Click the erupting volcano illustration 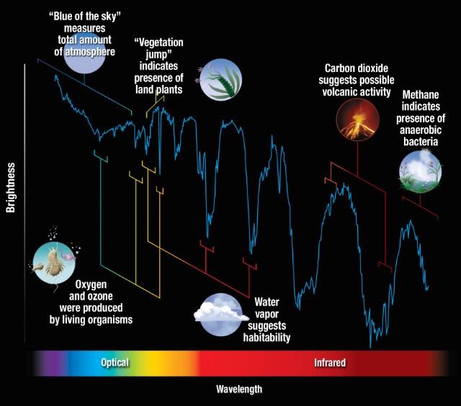(357, 119)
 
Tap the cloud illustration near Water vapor (220, 315)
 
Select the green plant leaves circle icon (220, 80)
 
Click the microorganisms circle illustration (54, 263)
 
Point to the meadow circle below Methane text (421, 172)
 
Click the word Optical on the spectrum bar (115, 363)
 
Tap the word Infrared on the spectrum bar (330, 363)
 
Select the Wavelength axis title (239, 389)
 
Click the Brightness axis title (11, 187)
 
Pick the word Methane (421, 94)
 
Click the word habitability (267, 338)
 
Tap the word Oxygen (91, 284)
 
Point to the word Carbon (339, 68)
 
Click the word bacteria (421, 142)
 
